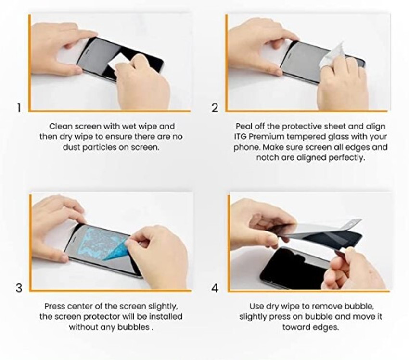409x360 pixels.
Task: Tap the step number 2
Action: coord(215,108)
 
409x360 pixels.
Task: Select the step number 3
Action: coord(19,288)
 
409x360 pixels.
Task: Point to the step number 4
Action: coord(215,288)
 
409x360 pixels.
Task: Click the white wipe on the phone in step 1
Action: coord(118,63)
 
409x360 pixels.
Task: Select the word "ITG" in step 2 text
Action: coord(241,137)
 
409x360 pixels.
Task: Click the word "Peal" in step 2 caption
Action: coord(244,127)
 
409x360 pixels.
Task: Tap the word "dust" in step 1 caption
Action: coord(73,147)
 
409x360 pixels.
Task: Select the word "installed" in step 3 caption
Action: coord(164,317)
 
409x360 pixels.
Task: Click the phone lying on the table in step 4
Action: coord(289,270)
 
